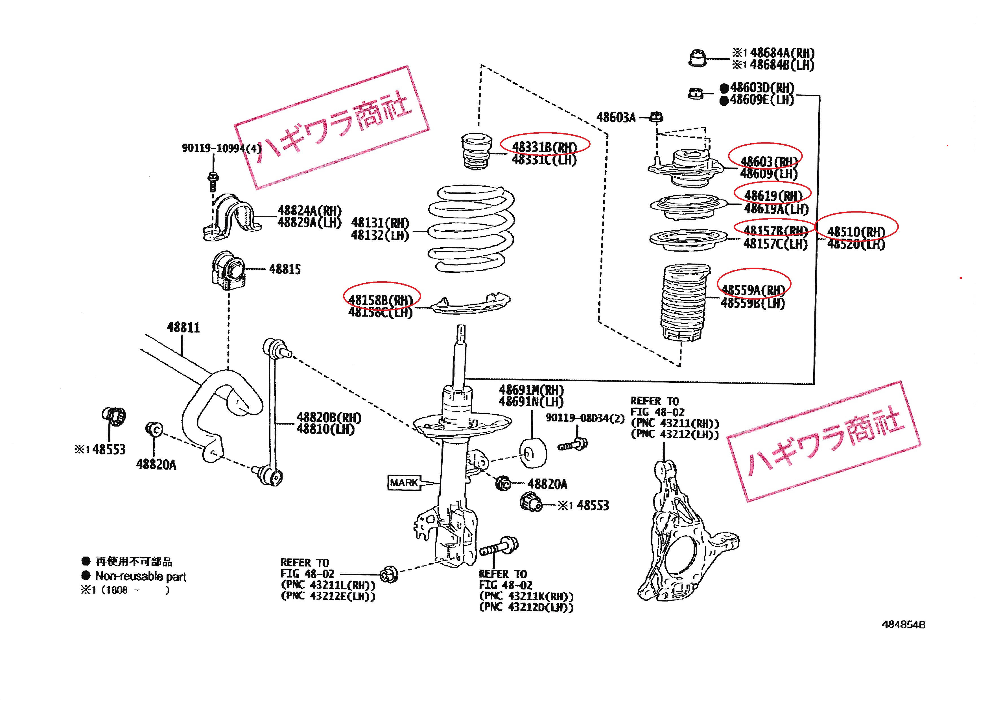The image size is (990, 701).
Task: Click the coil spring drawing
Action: point(471,229)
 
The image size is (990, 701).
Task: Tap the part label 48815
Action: point(285,269)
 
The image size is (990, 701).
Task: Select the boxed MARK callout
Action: point(404,483)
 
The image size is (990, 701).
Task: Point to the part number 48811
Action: point(183,328)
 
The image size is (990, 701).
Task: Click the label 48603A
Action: point(616,117)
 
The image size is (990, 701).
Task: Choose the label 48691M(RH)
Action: point(531,390)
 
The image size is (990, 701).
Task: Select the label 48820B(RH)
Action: point(329,417)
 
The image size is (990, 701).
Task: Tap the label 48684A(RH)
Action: point(782,53)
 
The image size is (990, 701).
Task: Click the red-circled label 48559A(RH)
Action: point(753,290)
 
